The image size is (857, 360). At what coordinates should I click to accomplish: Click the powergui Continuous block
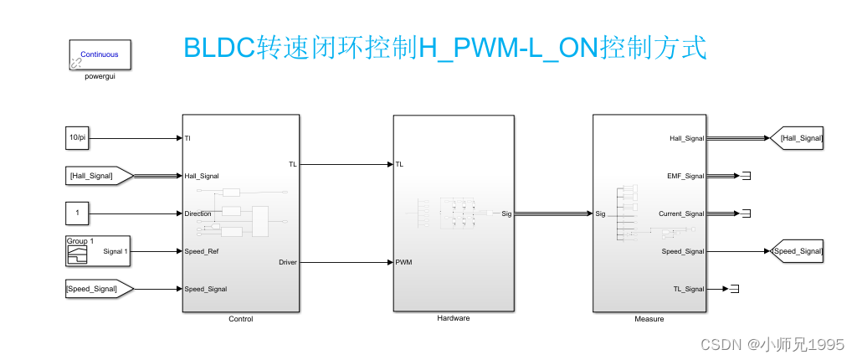coord(99,55)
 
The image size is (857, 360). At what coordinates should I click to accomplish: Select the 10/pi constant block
coord(77,137)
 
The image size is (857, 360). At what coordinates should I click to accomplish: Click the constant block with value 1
coord(77,213)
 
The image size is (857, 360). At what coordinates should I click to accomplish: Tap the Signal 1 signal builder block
coord(98,250)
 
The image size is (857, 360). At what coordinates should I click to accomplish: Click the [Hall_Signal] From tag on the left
coord(99,175)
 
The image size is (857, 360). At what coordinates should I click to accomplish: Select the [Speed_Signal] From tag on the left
coord(99,288)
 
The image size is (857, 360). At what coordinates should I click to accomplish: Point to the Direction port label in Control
coord(198,213)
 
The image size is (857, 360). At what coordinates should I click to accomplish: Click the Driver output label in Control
coord(287,263)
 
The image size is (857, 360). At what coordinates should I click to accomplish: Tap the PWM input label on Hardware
coord(403,263)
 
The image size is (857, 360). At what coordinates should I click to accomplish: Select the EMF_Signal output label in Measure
coord(686,176)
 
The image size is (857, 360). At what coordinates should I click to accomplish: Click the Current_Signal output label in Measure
coord(681,213)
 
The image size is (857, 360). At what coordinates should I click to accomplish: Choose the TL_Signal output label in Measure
coord(689,289)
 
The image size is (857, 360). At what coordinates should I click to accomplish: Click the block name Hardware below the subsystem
coord(454,319)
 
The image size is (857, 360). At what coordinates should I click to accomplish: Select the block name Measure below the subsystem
coord(649,319)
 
